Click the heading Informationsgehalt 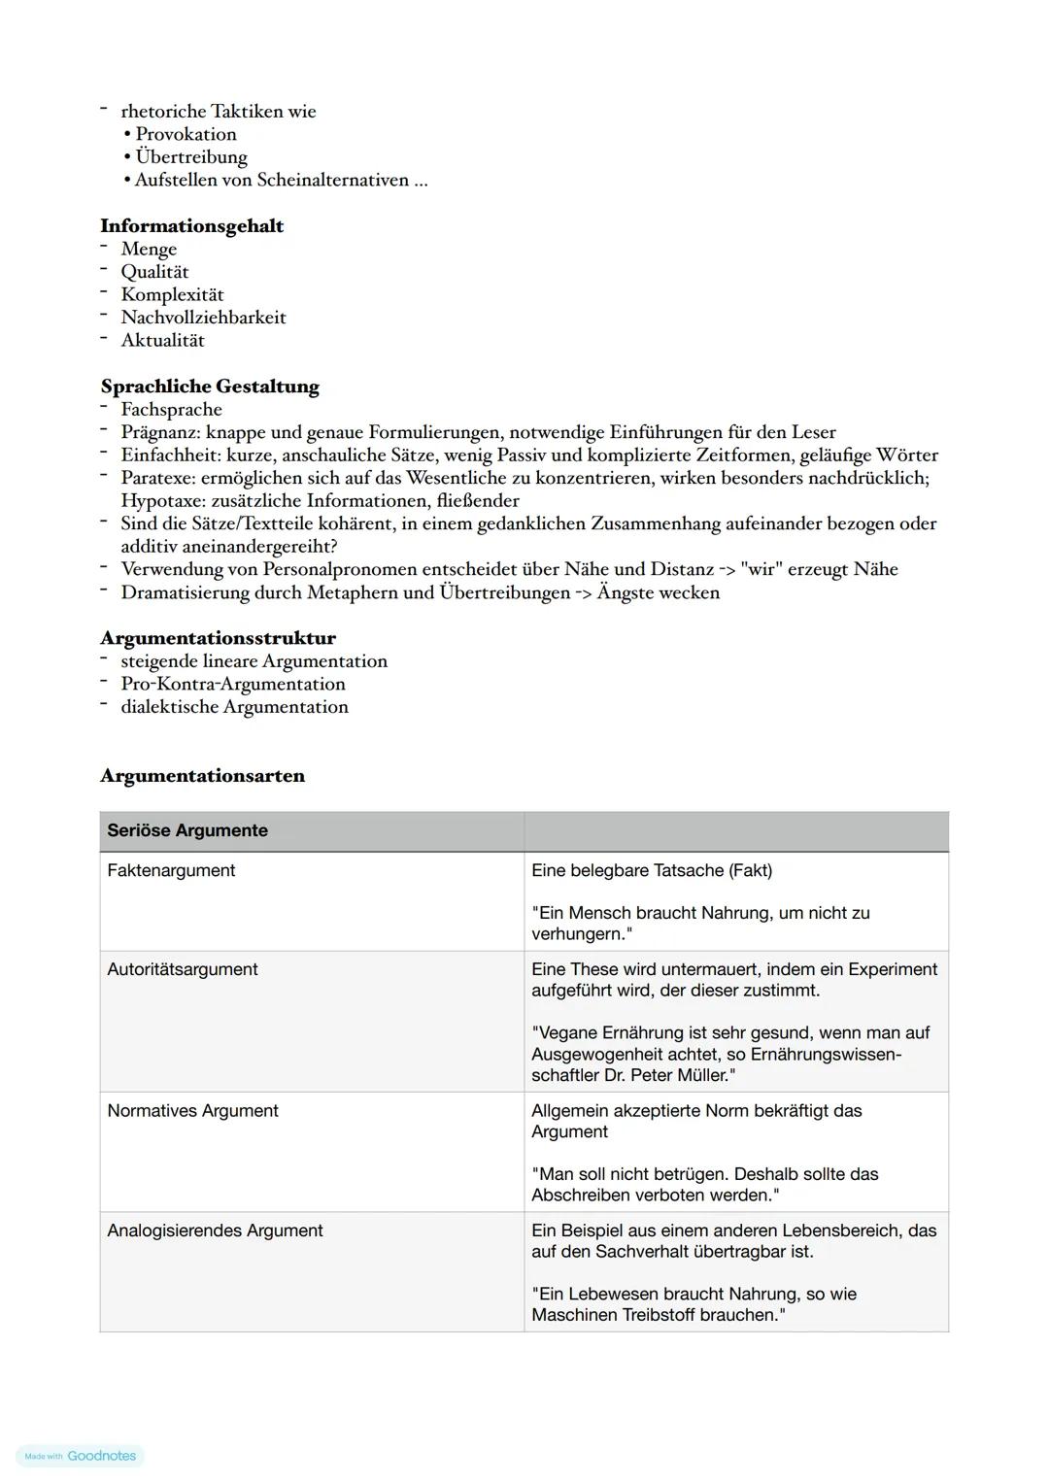191,226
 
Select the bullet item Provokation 186,134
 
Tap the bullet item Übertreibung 191,157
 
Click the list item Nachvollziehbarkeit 203,318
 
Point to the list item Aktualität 162,341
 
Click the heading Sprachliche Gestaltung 210,387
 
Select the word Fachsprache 171,410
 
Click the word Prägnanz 159,432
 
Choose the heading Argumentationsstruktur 218,638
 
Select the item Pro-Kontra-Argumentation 232,684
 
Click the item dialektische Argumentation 234,707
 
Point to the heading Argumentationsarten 202,776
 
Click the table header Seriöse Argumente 187,831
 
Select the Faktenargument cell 171,871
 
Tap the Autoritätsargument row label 183,969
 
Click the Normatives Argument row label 192,1111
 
